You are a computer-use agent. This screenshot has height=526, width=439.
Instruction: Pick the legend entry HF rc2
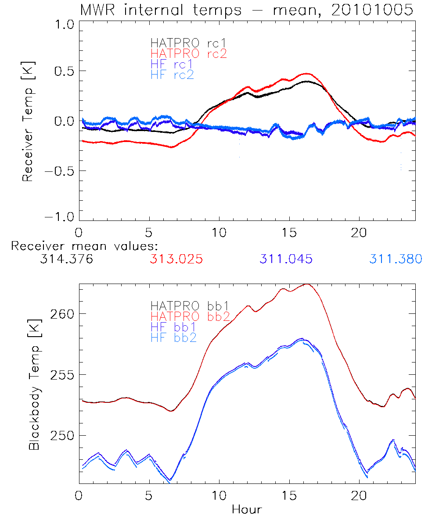coord(172,75)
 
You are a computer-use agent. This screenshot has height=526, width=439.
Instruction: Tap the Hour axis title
coord(247,509)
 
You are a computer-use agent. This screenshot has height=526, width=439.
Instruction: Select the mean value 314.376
coord(66,259)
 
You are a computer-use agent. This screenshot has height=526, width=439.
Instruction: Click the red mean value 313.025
coord(176,259)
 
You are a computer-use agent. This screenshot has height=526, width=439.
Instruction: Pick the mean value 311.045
coord(286,259)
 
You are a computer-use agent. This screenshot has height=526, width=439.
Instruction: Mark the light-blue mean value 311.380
coord(396,259)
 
